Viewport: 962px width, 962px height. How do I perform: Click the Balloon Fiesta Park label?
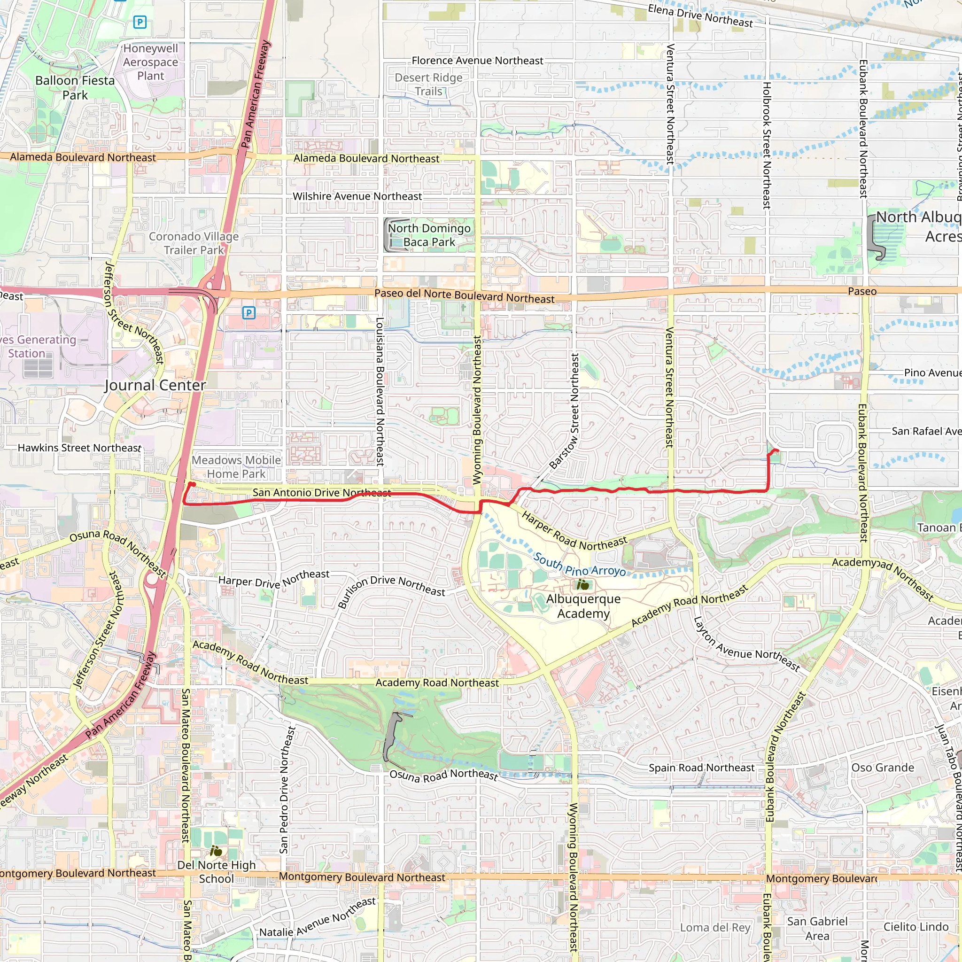coord(75,88)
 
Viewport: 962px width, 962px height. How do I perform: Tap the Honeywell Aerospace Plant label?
coord(150,62)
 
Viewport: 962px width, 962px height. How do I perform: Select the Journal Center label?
coord(155,385)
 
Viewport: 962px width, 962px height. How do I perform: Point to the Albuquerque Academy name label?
coord(583,606)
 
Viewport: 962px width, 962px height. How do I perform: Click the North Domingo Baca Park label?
coord(429,235)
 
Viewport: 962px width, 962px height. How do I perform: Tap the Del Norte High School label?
coord(217,871)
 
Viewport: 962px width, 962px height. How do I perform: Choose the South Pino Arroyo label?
coord(579,564)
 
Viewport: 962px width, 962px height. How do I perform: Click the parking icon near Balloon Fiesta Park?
coord(140,22)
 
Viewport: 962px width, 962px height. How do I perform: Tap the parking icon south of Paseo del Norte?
coord(248,313)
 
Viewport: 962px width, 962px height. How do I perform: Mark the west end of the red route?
coord(192,484)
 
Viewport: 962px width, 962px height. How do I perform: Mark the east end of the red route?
coord(777,451)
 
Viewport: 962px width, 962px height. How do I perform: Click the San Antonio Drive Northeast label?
coord(322,492)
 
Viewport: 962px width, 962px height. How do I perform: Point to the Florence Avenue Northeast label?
coord(477,61)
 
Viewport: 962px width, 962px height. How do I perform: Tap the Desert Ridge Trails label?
coord(429,85)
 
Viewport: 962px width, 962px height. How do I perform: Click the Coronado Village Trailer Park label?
coord(194,243)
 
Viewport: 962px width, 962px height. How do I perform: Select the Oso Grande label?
coord(882,768)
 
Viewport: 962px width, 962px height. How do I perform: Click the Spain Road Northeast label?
coord(701,768)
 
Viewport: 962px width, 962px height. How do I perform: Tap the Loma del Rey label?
coord(715,928)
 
